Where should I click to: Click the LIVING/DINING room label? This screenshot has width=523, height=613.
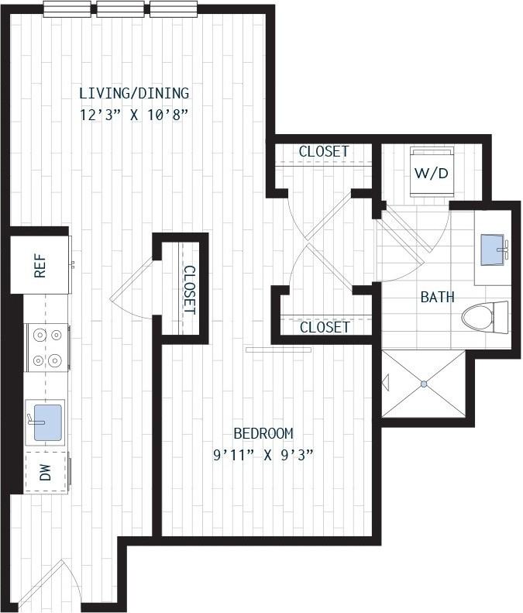135,94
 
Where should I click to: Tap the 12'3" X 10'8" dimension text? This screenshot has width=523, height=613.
135,115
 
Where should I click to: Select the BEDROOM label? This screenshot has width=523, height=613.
263,433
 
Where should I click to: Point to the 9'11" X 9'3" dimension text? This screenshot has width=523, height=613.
263,455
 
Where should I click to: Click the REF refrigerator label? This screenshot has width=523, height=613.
40,266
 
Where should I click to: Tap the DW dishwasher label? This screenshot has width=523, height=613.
46,472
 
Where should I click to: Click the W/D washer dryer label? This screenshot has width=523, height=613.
431,173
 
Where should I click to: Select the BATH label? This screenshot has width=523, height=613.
438,297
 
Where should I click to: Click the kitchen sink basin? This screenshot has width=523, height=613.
48,422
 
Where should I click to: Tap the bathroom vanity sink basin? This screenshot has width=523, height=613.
492,250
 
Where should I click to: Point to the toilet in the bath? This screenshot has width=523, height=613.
485,318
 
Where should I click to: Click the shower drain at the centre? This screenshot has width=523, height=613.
424,384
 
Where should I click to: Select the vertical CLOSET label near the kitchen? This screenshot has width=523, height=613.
190,290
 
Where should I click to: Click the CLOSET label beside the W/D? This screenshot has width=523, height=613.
324,151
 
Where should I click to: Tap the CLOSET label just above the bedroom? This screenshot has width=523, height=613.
325,327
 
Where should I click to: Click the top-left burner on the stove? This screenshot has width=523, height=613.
40,335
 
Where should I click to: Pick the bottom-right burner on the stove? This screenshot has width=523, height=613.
56,360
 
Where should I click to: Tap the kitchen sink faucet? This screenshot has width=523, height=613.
34,420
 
